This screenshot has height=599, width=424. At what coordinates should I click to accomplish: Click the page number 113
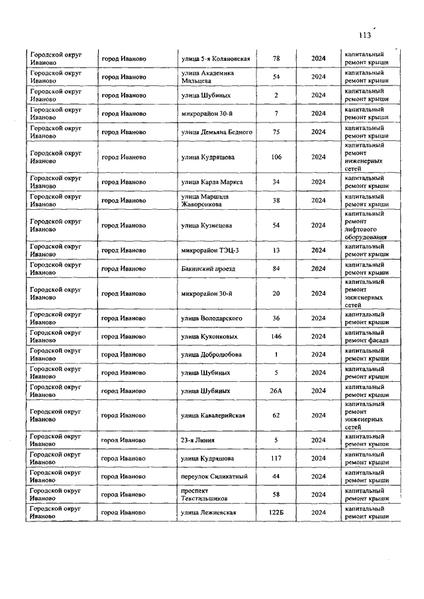(x=364, y=36)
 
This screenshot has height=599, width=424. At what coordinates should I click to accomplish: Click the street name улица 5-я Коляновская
(x=215, y=58)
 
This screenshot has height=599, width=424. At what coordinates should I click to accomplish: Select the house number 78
(x=276, y=58)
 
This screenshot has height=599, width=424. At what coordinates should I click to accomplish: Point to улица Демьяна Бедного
(x=217, y=132)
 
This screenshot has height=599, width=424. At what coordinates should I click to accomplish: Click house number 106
(x=276, y=157)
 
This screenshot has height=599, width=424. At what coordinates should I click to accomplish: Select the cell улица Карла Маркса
(x=212, y=182)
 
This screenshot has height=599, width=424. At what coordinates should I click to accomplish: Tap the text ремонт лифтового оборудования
(x=364, y=230)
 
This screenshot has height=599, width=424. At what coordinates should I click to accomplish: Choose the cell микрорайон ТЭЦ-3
(x=206, y=250)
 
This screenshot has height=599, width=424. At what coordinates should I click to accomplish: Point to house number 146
(x=276, y=336)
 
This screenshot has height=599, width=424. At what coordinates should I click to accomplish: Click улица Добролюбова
(x=211, y=354)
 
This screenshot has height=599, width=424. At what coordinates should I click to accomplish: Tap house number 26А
(x=276, y=391)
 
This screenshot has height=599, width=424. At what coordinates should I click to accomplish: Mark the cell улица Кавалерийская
(x=213, y=415)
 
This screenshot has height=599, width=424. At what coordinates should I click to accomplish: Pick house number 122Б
(x=276, y=513)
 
